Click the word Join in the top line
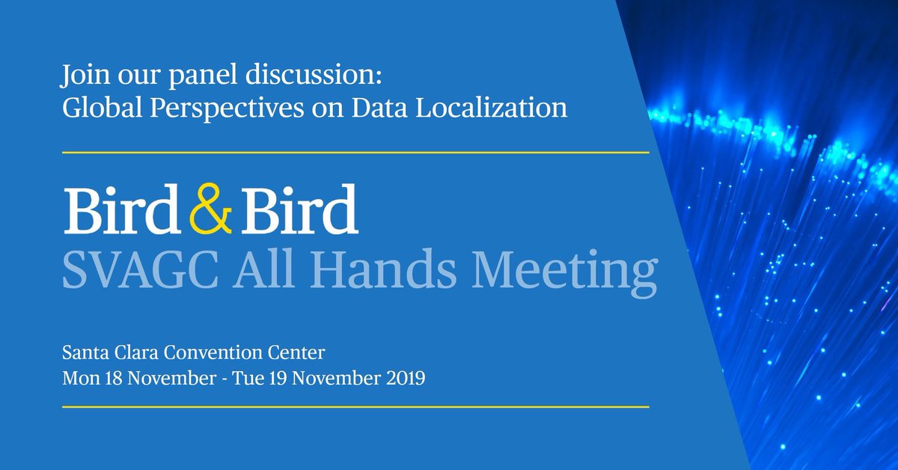point(82,77)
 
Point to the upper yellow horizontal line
point(355,152)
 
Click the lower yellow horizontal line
point(355,407)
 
